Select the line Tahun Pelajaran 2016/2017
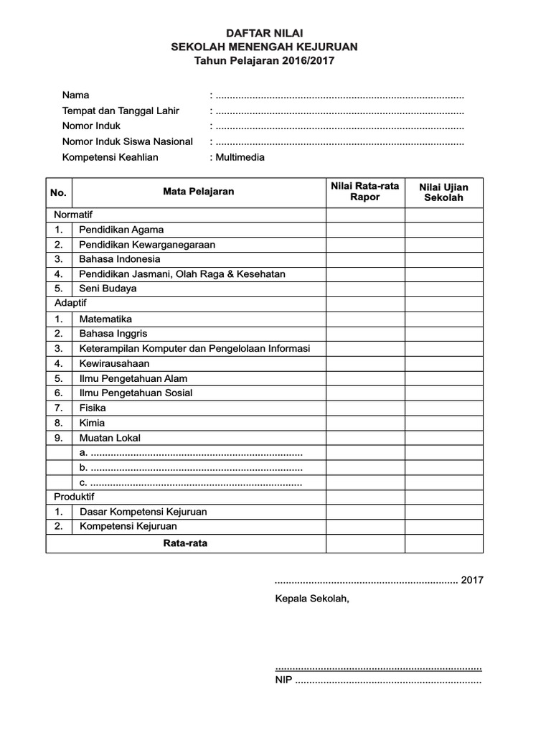click(x=265, y=61)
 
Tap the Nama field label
click(x=76, y=95)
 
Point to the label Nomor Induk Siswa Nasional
click(x=128, y=141)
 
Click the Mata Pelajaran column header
click(x=198, y=192)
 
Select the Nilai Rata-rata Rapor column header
click(x=364, y=191)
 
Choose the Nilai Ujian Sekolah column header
click(x=443, y=192)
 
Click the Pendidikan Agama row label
click(x=121, y=230)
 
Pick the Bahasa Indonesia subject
click(x=120, y=259)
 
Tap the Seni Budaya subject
click(x=108, y=289)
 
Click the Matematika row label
click(x=105, y=319)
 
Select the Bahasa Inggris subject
click(x=113, y=334)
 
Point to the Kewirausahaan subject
click(x=115, y=363)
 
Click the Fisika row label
click(x=93, y=408)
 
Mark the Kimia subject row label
click(x=92, y=423)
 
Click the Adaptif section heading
click(x=70, y=304)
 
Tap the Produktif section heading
click(x=74, y=497)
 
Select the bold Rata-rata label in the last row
click(x=185, y=543)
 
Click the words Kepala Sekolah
click(x=312, y=599)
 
